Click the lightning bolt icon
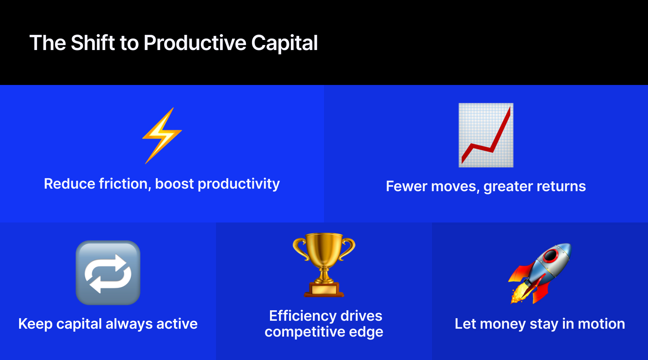[x=162, y=136]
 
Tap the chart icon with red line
[x=486, y=135]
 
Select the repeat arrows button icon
[x=108, y=273]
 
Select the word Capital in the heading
[x=284, y=43]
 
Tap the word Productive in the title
[x=195, y=43]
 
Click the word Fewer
[x=406, y=186]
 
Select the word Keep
[x=35, y=324]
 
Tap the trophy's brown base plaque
[x=324, y=289]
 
